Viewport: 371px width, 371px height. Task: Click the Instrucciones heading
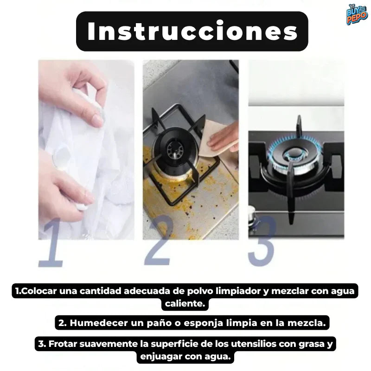click(x=192, y=31)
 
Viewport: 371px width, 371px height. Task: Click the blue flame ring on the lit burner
click(x=294, y=153)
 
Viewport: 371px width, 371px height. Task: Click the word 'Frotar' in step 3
click(x=64, y=344)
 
